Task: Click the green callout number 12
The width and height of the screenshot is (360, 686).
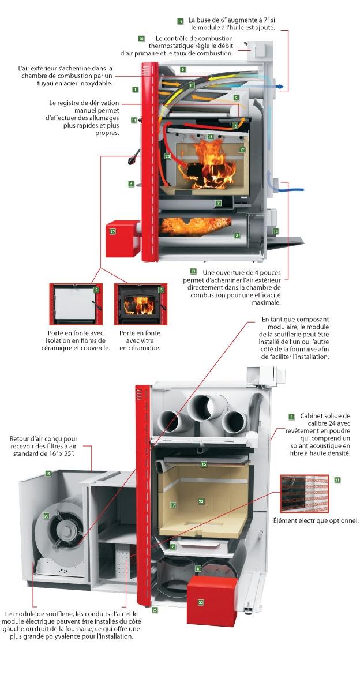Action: pyautogui.click(x=181, y=21)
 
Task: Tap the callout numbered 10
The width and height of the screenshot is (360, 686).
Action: pyautogui.click(x=141, y=39)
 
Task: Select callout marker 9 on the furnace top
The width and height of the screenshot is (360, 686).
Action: pyautogui.click(x=182, y=69)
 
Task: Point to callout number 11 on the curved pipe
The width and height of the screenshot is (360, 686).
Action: pyautogui.click(x=192, y=85)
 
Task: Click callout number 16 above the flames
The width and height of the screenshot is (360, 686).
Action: pyautogui.click(x=211, y=137)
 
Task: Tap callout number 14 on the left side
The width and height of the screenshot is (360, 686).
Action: pyautogui.click(x=134, y=120)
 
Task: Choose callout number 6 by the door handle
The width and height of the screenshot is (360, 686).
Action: pyautogui.click(x=132, y=184)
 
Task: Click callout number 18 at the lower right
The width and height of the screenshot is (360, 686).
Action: pyautogui.click(x=276, y=231)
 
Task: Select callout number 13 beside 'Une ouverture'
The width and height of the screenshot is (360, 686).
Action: pyautogui.click(x=193, y=271)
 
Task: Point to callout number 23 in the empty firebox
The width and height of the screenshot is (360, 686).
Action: pyautogui.click(x=201, y=501)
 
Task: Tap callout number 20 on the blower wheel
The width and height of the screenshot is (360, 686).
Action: pyautogui.click(x=46, y=516)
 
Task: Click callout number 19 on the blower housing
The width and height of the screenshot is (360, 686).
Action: pyautogui.click(x=49, y=473)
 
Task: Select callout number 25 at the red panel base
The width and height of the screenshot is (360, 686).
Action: pyautogui.click(x=154, y=609)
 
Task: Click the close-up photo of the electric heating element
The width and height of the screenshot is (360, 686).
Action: pyautogui.click(x=303, y=493)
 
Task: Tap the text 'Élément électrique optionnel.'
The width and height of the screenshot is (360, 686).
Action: pyautogui.click(x=316, y=520)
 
